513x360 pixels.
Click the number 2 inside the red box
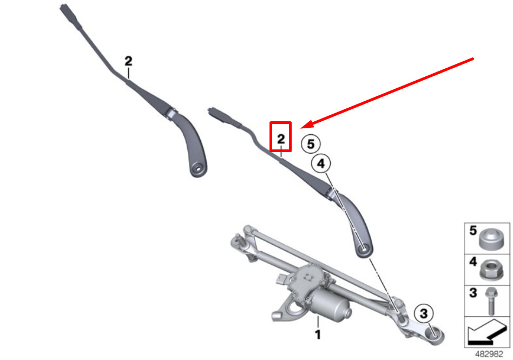tap(281, 139)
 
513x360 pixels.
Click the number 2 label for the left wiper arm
tap(128, 61)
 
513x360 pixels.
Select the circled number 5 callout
tap(311, 144)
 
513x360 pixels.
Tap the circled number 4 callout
tap(320, 163)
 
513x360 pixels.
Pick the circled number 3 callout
tap(424, 313)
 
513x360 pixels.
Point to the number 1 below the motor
tap(317, 335)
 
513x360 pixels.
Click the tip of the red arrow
tap(301, 128)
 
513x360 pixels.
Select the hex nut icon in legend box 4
tap(491, 270)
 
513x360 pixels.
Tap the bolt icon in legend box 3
tap(491, 301)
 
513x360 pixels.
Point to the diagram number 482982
tap(489, 355)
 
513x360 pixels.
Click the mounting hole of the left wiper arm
tap(198, 170)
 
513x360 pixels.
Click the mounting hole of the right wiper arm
tap(364, 250)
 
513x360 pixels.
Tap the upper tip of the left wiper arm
tap(63, 6)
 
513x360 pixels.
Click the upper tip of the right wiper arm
tap(211, 110)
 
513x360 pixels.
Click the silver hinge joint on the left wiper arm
tap(171, 113)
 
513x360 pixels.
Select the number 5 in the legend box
tap(473, 231)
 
